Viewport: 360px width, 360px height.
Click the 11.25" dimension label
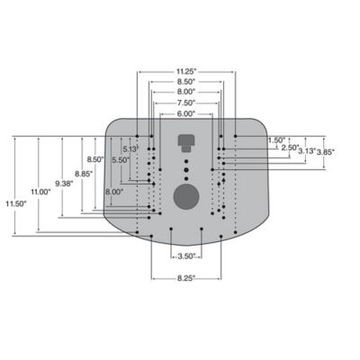(185, 68)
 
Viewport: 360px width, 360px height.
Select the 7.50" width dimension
(185, 103)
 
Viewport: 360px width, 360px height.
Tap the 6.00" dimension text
(185, 114)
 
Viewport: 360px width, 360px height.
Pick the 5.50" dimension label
(121, 160)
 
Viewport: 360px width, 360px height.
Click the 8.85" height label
(84, 174)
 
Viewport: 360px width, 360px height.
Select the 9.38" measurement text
(64, 184)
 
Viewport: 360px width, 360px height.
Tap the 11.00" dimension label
(40, 193)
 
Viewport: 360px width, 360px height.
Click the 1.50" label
(276, 139)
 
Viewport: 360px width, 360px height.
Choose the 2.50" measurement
(291, 147)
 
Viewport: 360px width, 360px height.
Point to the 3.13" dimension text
(307, 152)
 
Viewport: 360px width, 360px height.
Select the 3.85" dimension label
(325, 152)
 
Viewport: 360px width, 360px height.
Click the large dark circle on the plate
(185, 196)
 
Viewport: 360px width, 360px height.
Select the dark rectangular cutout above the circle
(186, 141)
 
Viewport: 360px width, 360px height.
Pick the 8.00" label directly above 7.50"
(185, 92)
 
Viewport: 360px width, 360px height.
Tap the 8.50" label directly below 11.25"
(185, 81)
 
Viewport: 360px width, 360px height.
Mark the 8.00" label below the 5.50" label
(114, 193)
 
